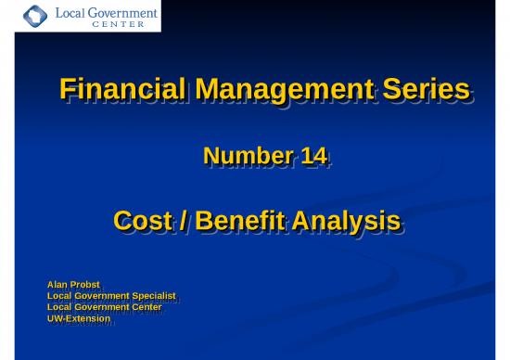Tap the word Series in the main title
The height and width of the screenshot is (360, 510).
(x=424, y=90)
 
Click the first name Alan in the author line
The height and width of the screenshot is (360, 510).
(x=58, y=284)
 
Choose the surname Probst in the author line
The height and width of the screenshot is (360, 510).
(x=88, y=284)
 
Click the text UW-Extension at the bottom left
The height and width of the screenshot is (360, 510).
(x=79, y=318)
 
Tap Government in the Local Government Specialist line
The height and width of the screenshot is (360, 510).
(x=99, y=295)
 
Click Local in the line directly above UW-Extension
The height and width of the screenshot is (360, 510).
(x=58, y=306)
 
